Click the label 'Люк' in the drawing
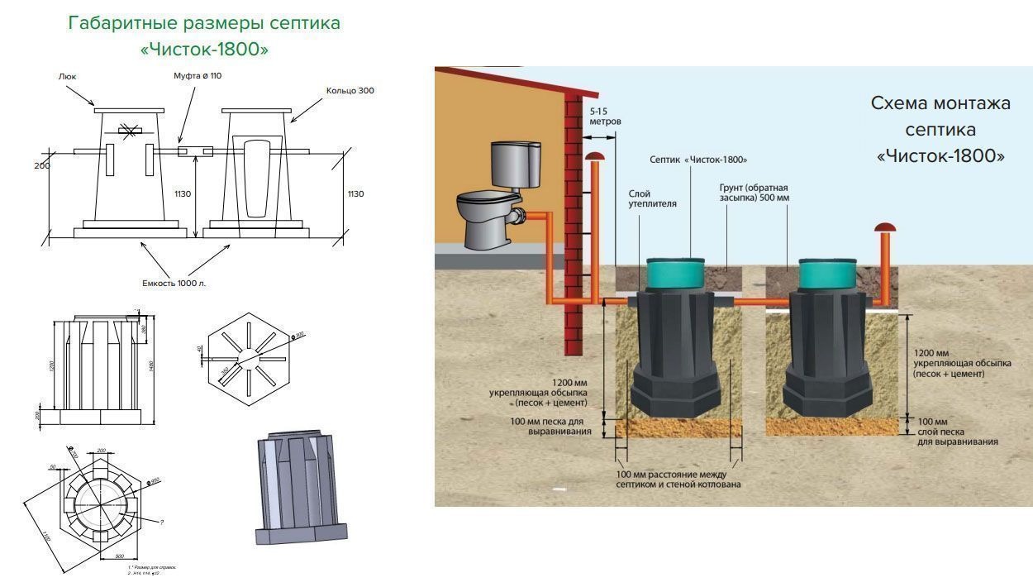(67, 75)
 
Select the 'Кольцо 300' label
(350, 90)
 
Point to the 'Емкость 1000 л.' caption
(174, 283)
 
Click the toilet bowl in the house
(488, 221)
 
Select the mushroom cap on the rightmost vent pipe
(886, 227)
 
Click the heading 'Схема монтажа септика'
(940, 129)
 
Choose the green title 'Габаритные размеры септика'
(204, 22)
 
